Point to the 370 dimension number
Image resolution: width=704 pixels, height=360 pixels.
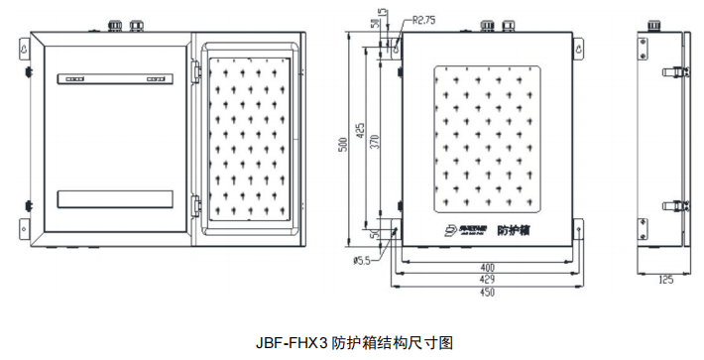pyautogui.click(x=374, y=142)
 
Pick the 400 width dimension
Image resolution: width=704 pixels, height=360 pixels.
pyautogui.click(x=488, y=266)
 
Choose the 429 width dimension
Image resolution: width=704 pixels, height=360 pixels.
pyautogui.click(x=488, y=280)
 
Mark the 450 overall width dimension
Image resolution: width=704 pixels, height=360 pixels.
pyautogui.click(x=488, y=294)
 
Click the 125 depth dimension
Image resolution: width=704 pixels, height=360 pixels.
pyautogui.click(x=665, y=281)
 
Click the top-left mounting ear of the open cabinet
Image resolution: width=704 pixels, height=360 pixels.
pyautogui.click(x=25, y=44)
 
